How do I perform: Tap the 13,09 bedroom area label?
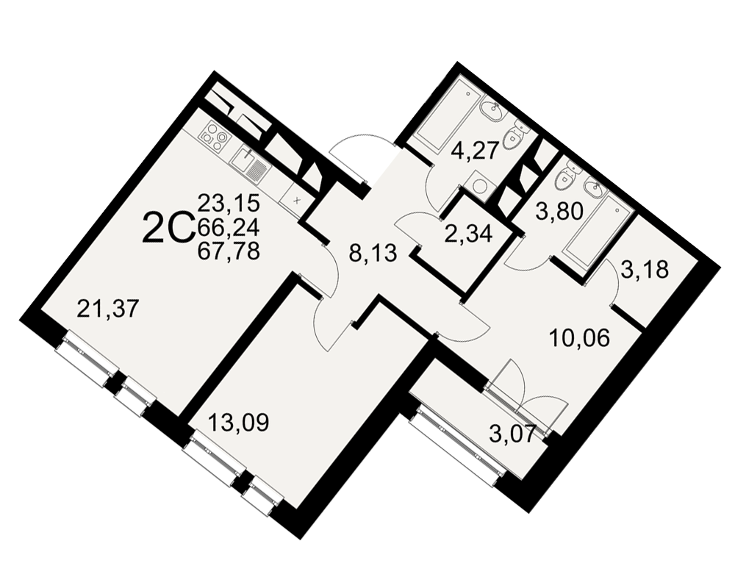238,423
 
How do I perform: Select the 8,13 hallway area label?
373,254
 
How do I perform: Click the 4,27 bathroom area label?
474,152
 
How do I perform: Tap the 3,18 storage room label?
645,270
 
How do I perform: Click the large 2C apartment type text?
168,227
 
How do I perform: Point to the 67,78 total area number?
229,252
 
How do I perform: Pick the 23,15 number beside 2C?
229,203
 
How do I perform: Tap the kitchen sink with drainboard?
250,165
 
